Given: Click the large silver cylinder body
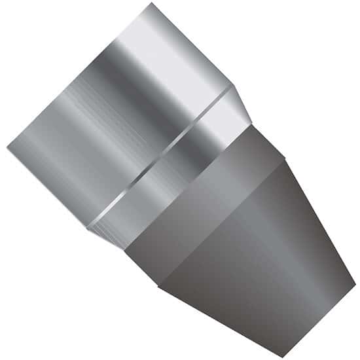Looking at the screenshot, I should pyautogui.click(x=118, y=118).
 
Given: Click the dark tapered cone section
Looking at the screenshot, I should pyautogui.click(x=262, y=255).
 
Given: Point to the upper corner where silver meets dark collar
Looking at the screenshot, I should pyautogui.click(x=252, y=124).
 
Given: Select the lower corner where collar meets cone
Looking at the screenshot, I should pyautogui.click(x=159, y=286).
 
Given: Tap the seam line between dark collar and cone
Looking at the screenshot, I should pyautogui.click(x=223, y=223).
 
